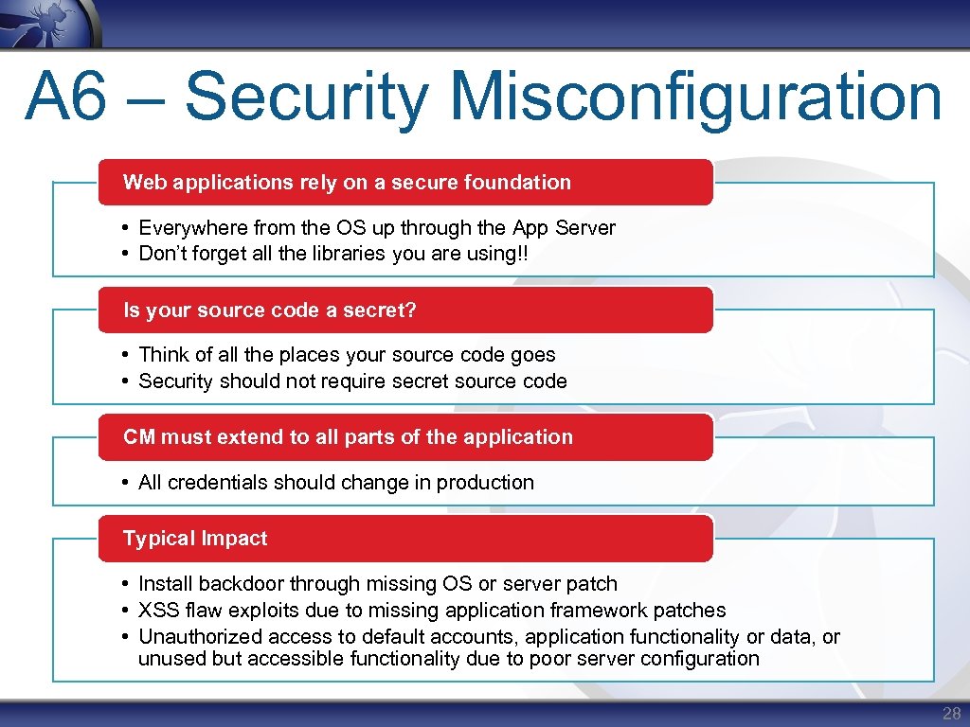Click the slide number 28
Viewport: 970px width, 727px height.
pos(951,714)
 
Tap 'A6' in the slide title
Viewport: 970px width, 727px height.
pos(66,98)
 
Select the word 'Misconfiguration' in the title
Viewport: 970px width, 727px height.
pos(696,98)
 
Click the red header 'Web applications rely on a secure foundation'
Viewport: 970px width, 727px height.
pos(347,183)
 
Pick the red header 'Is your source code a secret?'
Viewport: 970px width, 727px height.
pos(270,310)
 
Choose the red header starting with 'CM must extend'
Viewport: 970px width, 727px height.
pos(348,437)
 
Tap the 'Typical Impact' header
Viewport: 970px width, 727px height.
pos(195,539)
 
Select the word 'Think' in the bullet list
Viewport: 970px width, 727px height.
pos(164,355)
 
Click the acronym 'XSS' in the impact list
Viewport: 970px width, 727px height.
pos(159,611)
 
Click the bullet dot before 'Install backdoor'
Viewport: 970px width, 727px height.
pos(126,584)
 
